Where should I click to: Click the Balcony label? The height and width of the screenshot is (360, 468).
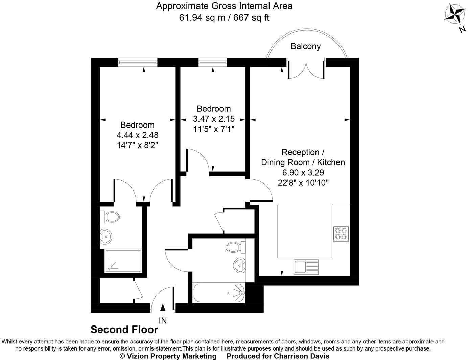click(306, 46)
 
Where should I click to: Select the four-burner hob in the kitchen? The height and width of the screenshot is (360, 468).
click(341, 233)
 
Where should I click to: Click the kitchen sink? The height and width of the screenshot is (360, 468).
click(306, 266)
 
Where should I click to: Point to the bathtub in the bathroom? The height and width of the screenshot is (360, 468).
click(219, 293)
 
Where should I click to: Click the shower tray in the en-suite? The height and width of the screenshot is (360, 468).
click(123, 261)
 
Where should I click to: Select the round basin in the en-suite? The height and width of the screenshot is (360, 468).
click(106, 236)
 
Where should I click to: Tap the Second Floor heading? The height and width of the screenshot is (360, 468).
click(124, 330)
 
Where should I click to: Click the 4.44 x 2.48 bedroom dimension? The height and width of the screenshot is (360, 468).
click(137, 135)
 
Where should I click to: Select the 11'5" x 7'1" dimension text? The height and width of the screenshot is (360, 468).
click(214, 129)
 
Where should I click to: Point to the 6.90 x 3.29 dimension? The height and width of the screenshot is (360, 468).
click(303, 173)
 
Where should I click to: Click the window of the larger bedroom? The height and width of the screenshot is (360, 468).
click(138, 62)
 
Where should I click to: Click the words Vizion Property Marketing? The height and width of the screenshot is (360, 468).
click(168, 356)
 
